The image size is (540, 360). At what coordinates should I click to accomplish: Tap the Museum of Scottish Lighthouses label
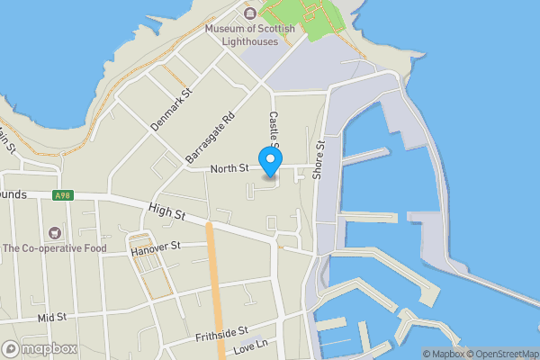click(x=249, y=34)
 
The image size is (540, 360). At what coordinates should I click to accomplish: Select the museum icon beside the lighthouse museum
click(x=250, y=12)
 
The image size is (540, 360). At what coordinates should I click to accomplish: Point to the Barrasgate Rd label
click(x=210, y=138)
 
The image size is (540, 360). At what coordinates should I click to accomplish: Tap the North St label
click(x=229, y=168)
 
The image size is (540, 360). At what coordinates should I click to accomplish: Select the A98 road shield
click(x=62, y=195)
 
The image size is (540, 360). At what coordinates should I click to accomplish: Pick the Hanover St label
click(x=156, y=246)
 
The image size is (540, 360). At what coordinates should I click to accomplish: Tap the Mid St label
click(x=52, y=317)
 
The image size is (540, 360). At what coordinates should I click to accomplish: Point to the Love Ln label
click(x=250, y=347)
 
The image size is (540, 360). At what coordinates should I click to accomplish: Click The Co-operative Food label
click(x=54, y=248)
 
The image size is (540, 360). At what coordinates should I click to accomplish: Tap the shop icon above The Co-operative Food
click(x=55, y=232)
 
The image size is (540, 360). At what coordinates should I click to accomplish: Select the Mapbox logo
click(x=38, y=348)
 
